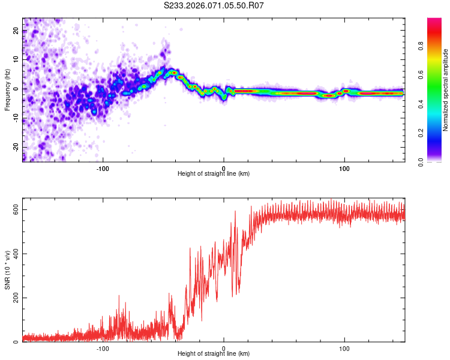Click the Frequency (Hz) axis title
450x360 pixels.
pos(7,90)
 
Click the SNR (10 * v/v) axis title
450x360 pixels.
pos(7,273)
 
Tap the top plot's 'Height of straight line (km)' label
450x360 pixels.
pos(214,173)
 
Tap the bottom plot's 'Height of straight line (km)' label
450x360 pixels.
pos(214,353)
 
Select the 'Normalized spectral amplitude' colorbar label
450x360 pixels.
pos(445,90)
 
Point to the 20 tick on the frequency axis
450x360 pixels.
pos(16,31)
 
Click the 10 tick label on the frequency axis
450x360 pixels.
pos(16,59)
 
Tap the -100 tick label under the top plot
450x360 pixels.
pos(103,169)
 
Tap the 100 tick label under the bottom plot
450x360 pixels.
pos(344,349)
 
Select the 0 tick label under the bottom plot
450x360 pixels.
pos(224,349)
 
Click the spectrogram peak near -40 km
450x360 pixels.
pos(174,73)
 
